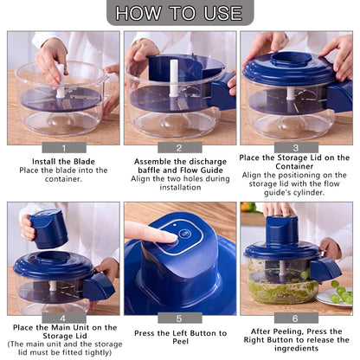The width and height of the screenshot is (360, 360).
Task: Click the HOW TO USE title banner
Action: click(179, 13)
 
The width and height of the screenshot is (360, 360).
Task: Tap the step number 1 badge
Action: click(64, 147)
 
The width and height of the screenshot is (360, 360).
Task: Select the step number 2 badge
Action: click(179, 147)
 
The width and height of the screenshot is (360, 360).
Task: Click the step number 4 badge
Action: click(64, 318)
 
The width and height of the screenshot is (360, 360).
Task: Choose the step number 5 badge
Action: click(179, 318)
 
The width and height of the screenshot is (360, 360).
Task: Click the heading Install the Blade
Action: click(64, 160)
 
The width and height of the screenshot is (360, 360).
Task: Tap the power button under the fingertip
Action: click(183, 242)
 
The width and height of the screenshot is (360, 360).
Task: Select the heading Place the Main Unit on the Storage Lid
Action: click(64, 331)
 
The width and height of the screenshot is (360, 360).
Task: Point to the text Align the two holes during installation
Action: click(179, 182)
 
